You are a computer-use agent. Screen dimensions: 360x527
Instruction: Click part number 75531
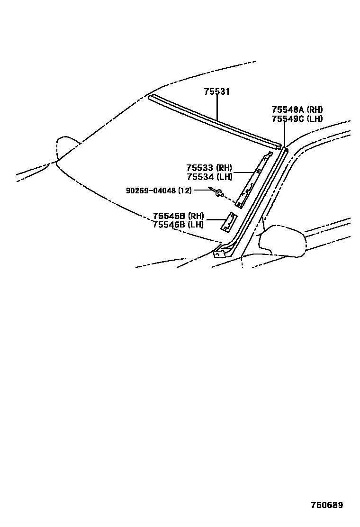216,92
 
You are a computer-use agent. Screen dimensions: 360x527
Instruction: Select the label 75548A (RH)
297,109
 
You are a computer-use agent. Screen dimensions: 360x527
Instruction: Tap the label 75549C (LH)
297,118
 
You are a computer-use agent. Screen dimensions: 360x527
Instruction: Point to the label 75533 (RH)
209,168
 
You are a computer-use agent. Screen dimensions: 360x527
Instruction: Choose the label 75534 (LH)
209,177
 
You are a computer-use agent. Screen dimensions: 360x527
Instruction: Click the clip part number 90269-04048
151,191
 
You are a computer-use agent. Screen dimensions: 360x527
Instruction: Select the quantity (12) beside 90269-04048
185,191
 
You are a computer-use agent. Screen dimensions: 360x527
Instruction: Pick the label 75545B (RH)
178,216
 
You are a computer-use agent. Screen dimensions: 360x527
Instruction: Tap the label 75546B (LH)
178,225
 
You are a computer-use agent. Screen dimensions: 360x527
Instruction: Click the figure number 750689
327,505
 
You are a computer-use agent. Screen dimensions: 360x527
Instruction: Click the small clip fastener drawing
219,192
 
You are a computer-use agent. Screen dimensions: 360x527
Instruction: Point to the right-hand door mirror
282,241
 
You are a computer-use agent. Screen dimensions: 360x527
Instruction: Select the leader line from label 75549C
285,135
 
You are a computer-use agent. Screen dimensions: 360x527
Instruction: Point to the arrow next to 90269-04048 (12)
210,190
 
